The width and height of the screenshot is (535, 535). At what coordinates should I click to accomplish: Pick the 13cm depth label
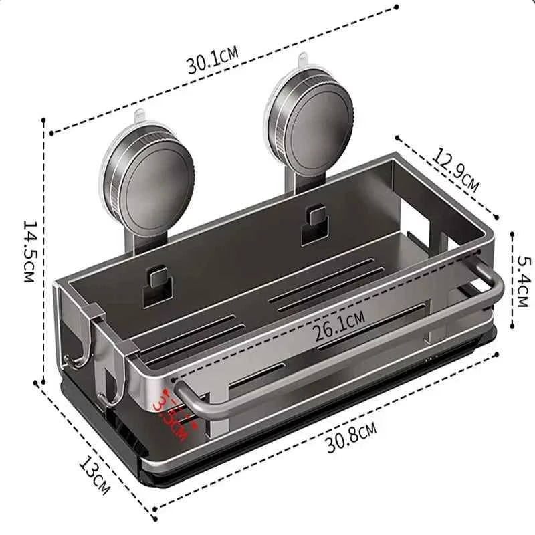[94, 473]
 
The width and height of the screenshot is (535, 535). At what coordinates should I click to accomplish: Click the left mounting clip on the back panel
[155, 279]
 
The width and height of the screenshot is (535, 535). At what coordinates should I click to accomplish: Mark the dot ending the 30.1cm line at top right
[397, 7]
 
